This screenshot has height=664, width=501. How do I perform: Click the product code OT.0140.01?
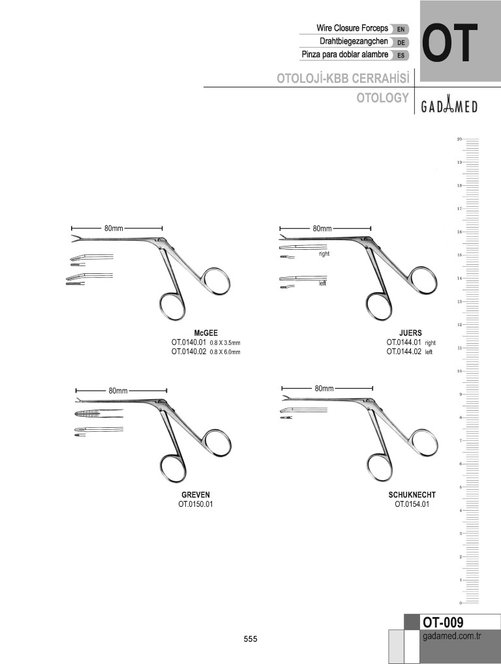click(189, 342)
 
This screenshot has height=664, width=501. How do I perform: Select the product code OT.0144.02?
click(404, 352)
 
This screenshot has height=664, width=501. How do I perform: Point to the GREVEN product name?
click(196, 494)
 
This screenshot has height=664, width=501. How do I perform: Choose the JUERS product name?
click(410, 333)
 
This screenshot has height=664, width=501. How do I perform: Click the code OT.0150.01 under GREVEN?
click(196, 504)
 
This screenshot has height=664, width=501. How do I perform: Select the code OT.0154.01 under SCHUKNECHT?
click(412, 504)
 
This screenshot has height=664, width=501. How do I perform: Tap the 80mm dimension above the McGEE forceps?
click(114, 228)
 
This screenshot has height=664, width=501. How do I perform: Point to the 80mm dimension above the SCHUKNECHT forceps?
click(324, 388)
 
